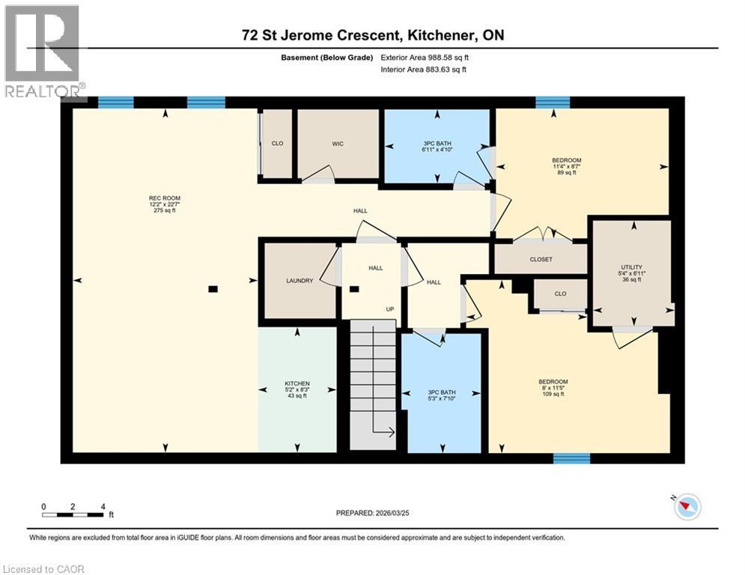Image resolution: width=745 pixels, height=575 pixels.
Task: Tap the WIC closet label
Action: tap(338, 144)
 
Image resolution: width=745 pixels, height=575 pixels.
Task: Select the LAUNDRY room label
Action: tap(299, 282)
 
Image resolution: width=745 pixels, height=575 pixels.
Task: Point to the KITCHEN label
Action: tap(297, 389)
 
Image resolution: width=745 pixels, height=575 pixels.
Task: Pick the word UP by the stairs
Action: tap(389, 308)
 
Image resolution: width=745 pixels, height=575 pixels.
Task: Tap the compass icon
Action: tap(687, 507)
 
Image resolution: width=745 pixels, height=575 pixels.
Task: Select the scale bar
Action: tap(73, 514)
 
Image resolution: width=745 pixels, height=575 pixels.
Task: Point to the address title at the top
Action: tap(372, 35)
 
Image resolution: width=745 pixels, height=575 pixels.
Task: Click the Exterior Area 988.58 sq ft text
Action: tap(425, 57)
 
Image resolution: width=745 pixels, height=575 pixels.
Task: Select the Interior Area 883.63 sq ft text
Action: tap(425, 70)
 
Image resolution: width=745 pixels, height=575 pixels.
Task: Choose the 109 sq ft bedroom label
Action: tap(554, 388)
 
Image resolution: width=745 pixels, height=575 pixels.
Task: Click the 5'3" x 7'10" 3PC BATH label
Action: tap(441, 394)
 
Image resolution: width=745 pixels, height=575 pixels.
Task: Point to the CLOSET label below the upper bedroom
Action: tap(541, 260)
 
